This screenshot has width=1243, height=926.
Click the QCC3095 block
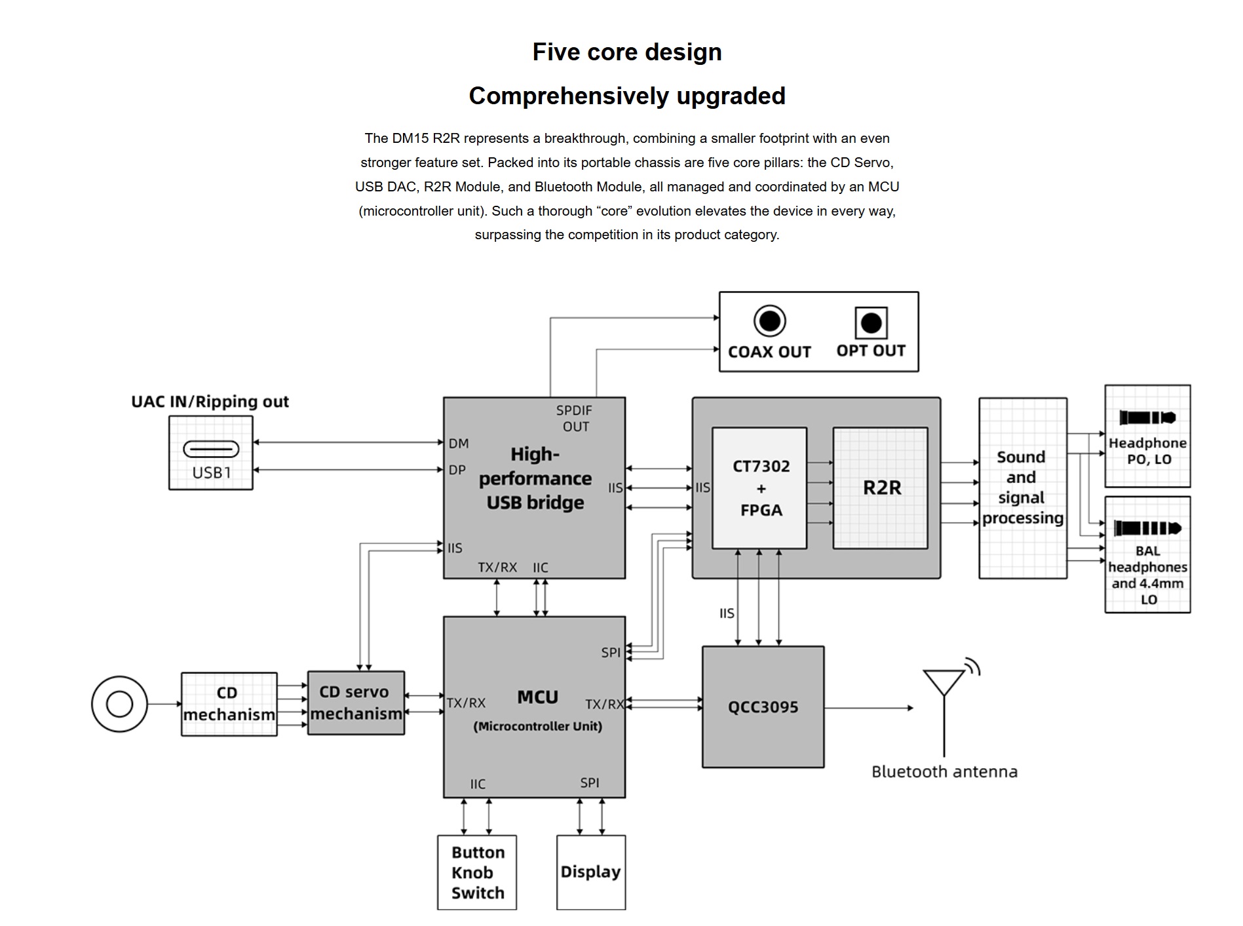pos(763,706)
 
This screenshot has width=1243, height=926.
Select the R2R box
pos(880,488)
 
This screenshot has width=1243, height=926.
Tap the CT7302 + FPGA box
pos(759,488)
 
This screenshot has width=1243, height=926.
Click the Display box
pos(590,872)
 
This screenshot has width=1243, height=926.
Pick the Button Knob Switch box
pos(477,872)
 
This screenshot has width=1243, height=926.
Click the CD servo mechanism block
pos(356,703)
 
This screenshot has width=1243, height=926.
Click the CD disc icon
pos(119,704)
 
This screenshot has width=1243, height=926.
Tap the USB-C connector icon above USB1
pos(211,449)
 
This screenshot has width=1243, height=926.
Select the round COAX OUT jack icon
pos(769,321)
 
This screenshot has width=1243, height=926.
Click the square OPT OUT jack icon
pos(871,322)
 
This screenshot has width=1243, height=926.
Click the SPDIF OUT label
pos(575,418)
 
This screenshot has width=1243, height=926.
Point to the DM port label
pos(459,444)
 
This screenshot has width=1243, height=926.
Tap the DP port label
pos(457,470)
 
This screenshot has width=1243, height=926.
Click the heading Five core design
pos(626,52)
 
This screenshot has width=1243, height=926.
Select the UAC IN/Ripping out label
pos(210,402)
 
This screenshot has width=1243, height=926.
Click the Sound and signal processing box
pos(1022,488)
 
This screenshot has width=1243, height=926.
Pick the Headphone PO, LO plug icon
pos(1147,417)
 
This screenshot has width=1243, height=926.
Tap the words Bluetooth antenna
pos(944,771)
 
